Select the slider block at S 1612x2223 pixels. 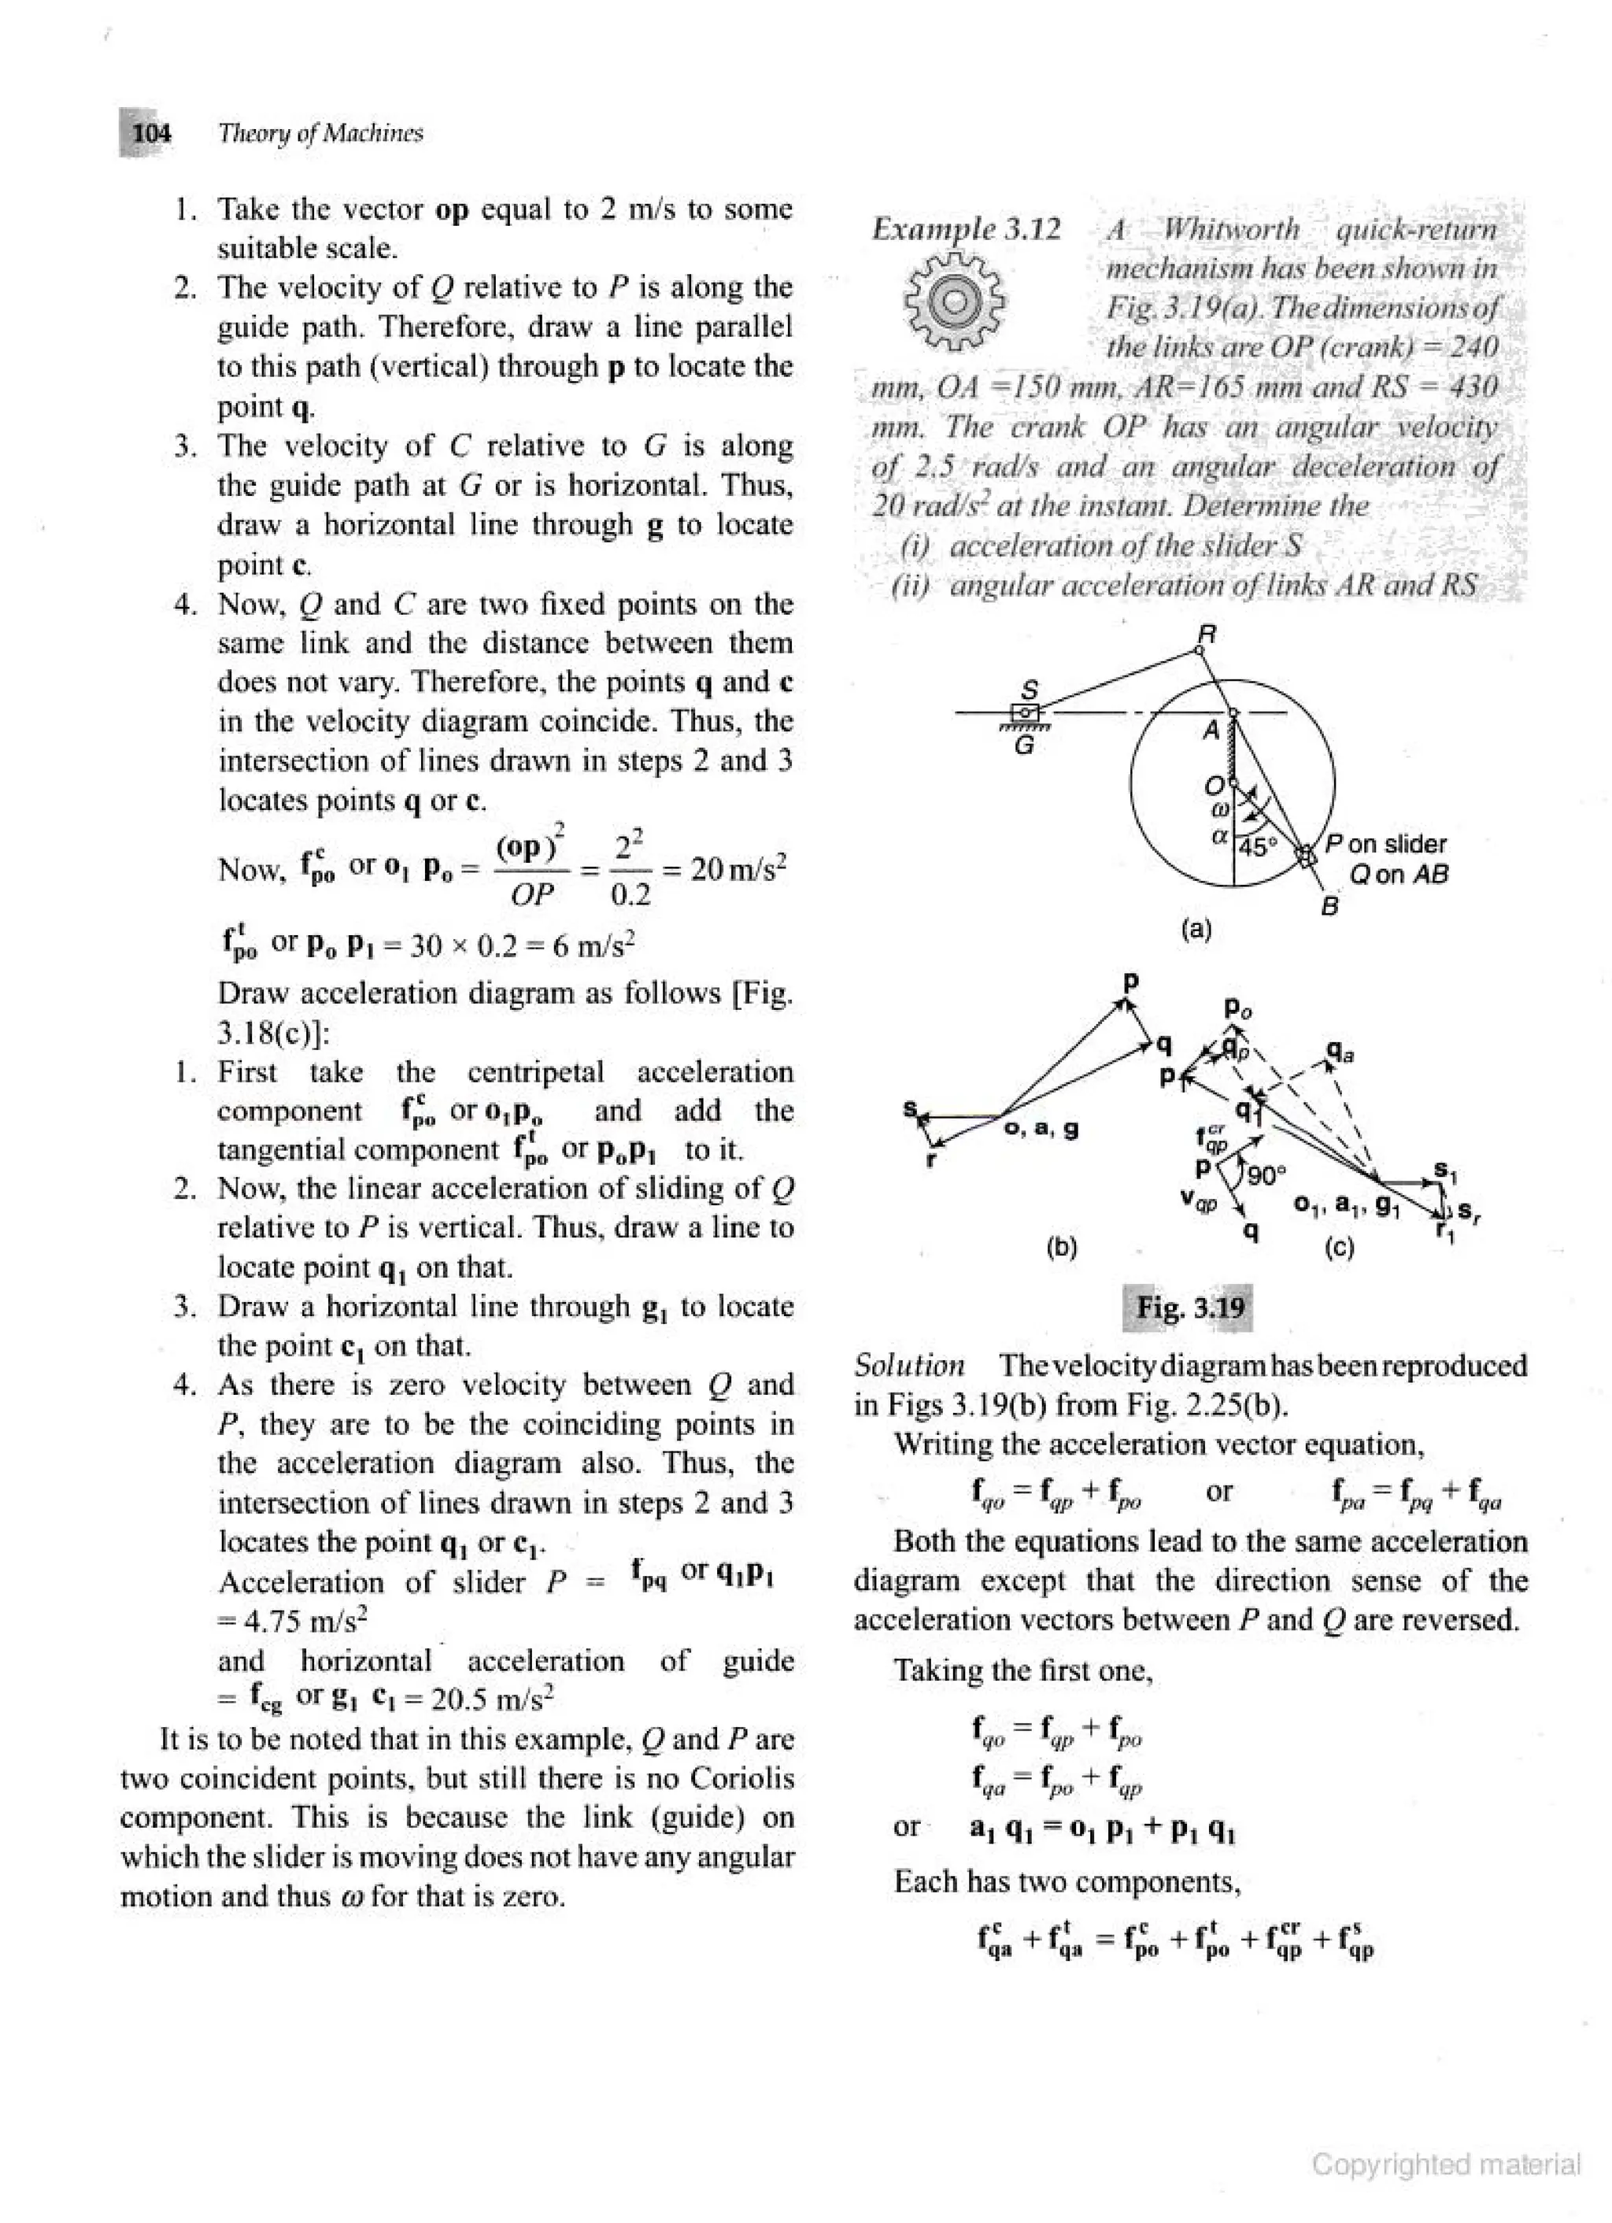pos(1025,712)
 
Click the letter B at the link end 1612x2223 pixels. pos(1329,907)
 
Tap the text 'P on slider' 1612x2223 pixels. pos(1385,844)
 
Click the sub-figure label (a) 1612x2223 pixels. pos(1196,928)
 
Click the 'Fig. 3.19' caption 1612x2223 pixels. pos(1189,1308)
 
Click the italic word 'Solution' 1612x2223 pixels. pos(908,1365)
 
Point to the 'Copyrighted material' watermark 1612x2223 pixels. pos(1445,2164)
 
